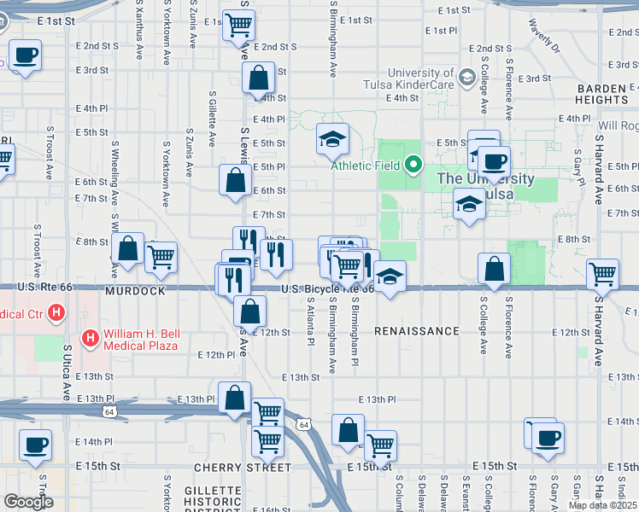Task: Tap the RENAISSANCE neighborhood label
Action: (417, 330)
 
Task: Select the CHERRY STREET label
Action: (243, 468)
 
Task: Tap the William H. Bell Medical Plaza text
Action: (140, 340)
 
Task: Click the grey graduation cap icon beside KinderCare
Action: (466, 79)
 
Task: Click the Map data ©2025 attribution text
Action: (603, 505)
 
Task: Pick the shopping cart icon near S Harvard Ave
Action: (603, 274)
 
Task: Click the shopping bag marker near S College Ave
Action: (494, 269)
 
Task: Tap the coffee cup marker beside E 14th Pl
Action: (35, 445)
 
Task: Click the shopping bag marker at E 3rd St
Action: (258, 79)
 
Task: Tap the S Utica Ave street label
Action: (67, 372)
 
